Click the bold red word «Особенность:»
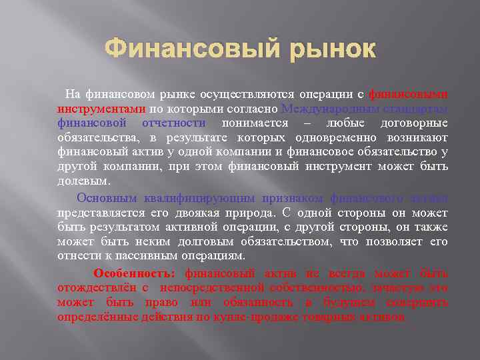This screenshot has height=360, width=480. tap(135, 273)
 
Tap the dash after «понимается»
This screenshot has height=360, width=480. tap(307, 123)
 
